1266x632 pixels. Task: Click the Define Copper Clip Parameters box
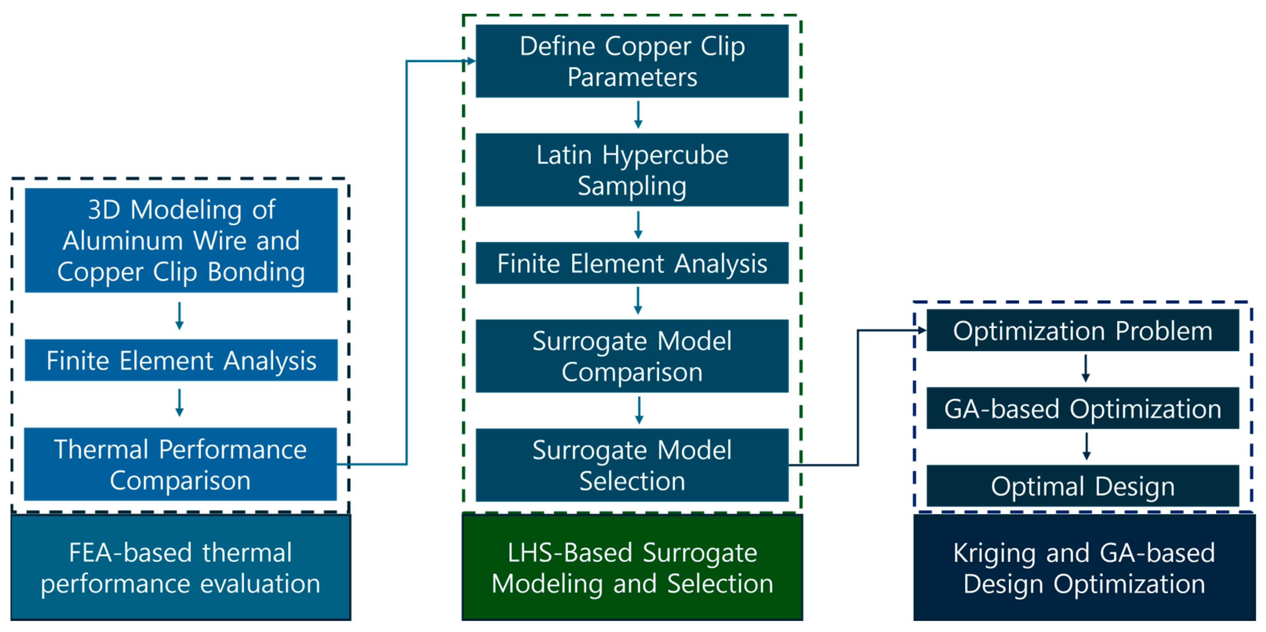coord(632,61)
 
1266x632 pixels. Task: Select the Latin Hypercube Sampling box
coord(632,170)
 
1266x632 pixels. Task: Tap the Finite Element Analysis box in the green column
coord(632,263)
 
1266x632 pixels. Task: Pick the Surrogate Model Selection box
coord(632,465)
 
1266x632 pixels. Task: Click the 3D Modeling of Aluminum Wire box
coord(181,240)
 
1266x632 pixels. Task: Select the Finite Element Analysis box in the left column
coord(181,360)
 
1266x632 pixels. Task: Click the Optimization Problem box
coord(1083,330)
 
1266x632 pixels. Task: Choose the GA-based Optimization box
coord(1083,408)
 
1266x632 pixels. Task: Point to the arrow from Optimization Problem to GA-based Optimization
coord(1086,369)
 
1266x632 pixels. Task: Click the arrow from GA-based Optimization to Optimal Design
coord(1086,446)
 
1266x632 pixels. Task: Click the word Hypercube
coord(665,155)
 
